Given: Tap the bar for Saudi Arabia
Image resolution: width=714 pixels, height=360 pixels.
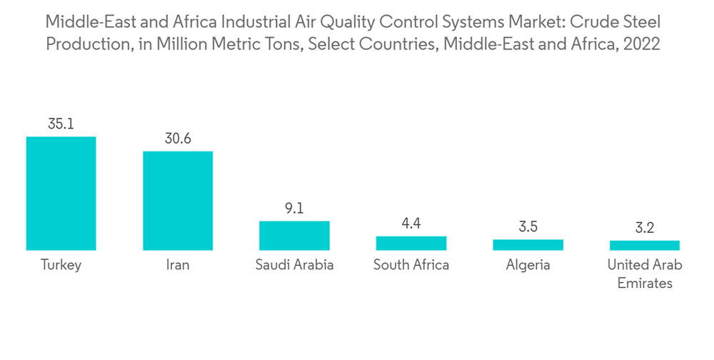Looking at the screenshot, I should [294, 235].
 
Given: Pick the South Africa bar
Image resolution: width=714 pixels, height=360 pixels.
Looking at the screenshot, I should [411, 243].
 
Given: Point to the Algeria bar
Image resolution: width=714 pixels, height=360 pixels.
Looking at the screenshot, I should [528, 244].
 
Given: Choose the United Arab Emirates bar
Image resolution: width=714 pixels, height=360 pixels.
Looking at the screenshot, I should [645, 245].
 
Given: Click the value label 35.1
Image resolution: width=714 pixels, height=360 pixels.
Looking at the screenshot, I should [61, 124].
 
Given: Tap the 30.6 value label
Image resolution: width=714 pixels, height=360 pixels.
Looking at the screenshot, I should [178, 138].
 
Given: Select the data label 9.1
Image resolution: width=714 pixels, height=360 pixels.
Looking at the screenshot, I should [294, 209].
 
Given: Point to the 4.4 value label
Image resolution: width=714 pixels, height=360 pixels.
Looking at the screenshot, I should [411, 224].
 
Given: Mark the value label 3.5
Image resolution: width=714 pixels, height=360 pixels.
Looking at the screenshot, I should [528, 227].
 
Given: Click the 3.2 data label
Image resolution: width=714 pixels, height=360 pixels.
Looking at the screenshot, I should [645, 229].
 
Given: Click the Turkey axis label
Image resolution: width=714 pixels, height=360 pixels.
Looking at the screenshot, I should [61, 265].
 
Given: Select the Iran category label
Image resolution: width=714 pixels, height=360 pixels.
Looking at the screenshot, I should [178, 265].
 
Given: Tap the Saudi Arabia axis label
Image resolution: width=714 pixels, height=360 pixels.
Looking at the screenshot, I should [294, 265].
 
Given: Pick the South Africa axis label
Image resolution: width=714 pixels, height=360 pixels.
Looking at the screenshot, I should [411, 265].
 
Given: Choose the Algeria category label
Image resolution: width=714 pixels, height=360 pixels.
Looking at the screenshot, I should [528, 265].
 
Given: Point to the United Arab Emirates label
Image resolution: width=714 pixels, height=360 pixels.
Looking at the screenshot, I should [645, 274].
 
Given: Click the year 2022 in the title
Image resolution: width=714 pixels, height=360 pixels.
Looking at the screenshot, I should [642, 44].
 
